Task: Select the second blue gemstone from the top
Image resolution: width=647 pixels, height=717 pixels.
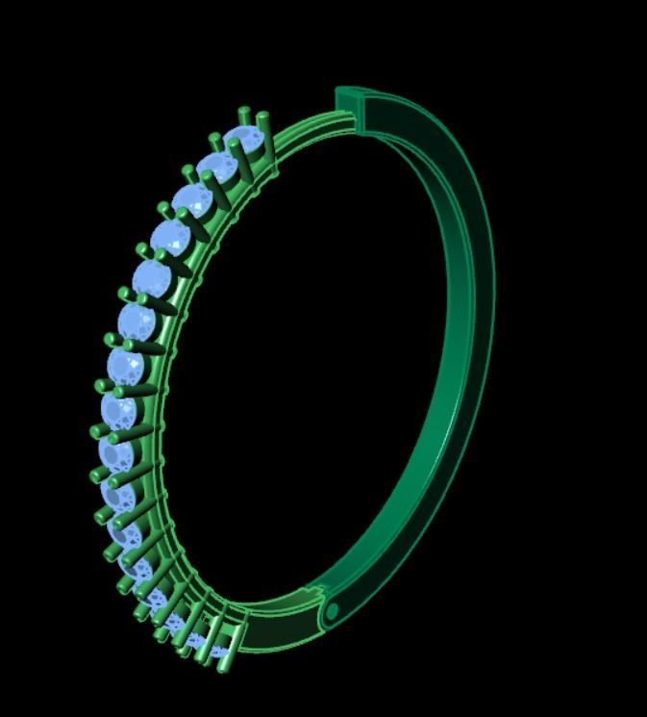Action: [x=219, y=170]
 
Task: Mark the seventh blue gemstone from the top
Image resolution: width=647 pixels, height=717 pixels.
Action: [x=126, y=367]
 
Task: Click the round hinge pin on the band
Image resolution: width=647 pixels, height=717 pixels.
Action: [x=332, y=611]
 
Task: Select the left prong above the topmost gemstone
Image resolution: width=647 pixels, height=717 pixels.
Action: [x=243, y=115]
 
